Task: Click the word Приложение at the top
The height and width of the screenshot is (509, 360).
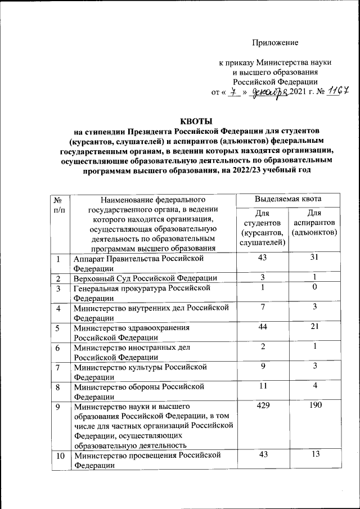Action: [275, 43]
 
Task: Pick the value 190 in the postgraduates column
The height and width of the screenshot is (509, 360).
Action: [315, 405]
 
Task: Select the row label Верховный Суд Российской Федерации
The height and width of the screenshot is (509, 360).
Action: [145, 278]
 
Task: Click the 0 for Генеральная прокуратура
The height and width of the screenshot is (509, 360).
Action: [315, 287]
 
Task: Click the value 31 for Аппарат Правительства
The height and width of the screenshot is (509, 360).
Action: [315, 258]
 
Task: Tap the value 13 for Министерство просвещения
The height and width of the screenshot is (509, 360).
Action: [315, 454]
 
